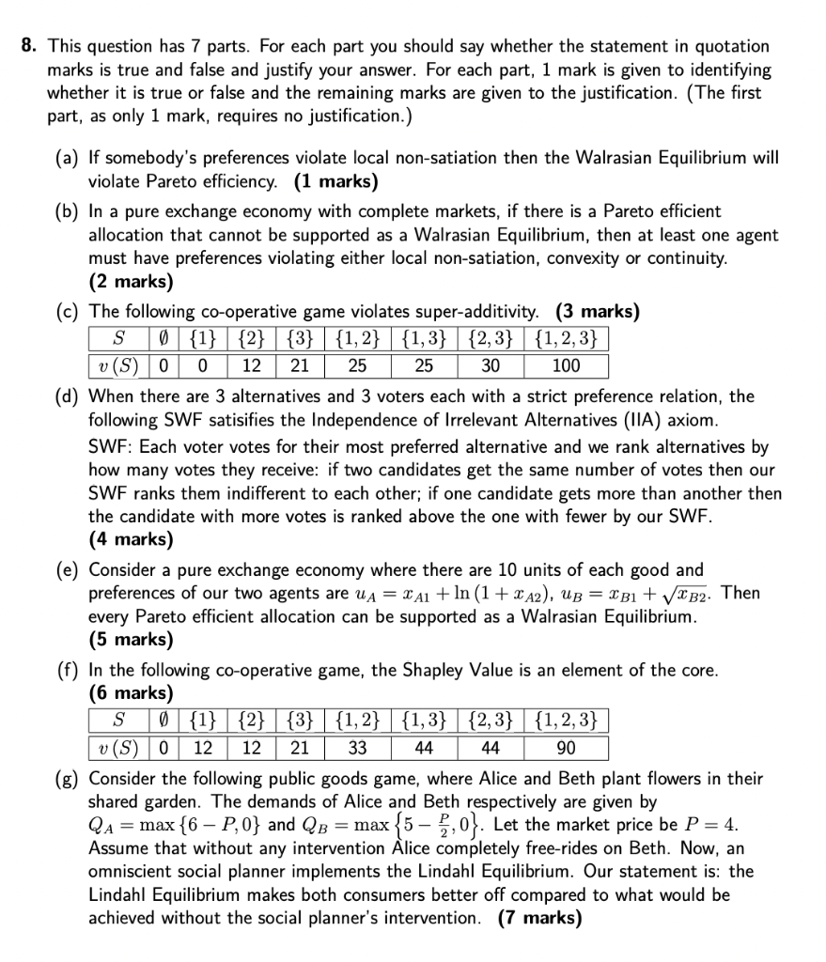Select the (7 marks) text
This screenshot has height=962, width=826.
coord(539,917)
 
